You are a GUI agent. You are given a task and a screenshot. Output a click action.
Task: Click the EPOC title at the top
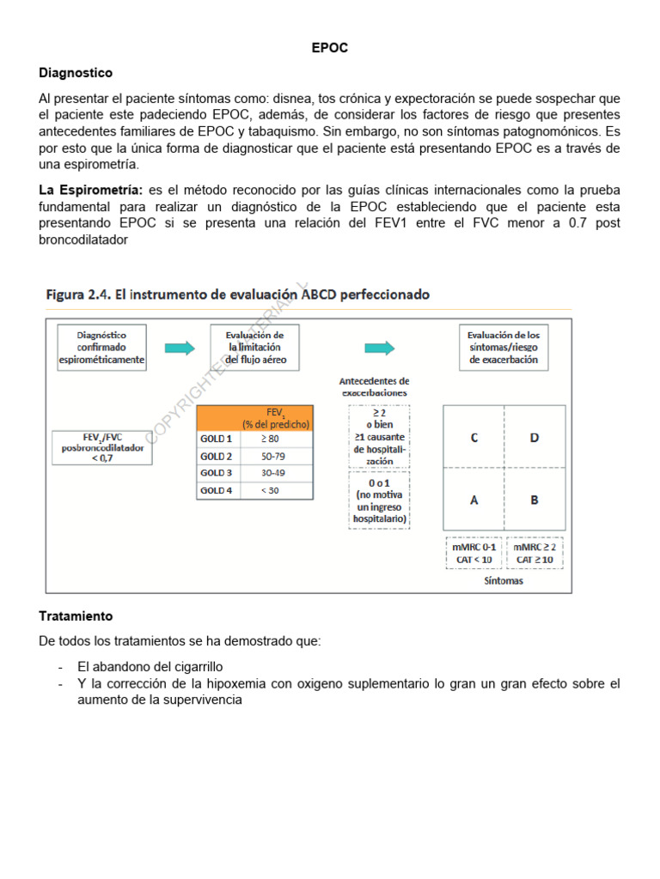[x=329, y=48]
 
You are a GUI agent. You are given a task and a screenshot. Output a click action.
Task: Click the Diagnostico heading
[x=76, y=73]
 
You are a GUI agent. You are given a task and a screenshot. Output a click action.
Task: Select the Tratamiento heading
[x=76, y=616]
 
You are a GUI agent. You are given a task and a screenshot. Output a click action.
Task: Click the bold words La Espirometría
[x=90, y=189]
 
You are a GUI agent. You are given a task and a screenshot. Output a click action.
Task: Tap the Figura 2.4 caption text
[x=237, y=294]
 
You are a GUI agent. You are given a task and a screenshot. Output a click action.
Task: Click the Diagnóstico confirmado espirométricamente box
[x=102, y=347]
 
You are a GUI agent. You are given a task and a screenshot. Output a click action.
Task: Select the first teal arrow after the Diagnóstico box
[x=180, y=348]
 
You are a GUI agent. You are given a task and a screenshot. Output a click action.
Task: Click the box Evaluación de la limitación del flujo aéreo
[x=255, y=347]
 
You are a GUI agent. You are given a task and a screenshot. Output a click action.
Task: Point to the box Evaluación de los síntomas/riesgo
[x=504, y=347]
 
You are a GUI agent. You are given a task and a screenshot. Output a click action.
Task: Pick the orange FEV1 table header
[x=254, y=418]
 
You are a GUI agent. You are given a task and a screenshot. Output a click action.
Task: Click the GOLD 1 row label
[x=217, y=439]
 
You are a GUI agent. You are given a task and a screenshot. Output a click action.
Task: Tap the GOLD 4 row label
[x=217, y=490]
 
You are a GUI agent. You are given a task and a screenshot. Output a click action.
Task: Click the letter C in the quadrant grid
[x=474, y=438]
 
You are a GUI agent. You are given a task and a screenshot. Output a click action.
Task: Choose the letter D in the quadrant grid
[x=535, y=438]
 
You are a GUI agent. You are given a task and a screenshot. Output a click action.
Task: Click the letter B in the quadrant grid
[x=535, y=500]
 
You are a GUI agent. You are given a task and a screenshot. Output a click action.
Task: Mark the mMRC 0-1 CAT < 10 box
[x=474, y=553]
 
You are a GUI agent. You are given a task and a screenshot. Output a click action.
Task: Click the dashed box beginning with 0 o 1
[x=379, y=500]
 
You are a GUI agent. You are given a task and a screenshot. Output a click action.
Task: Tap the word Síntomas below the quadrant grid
[x=503, y=581]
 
